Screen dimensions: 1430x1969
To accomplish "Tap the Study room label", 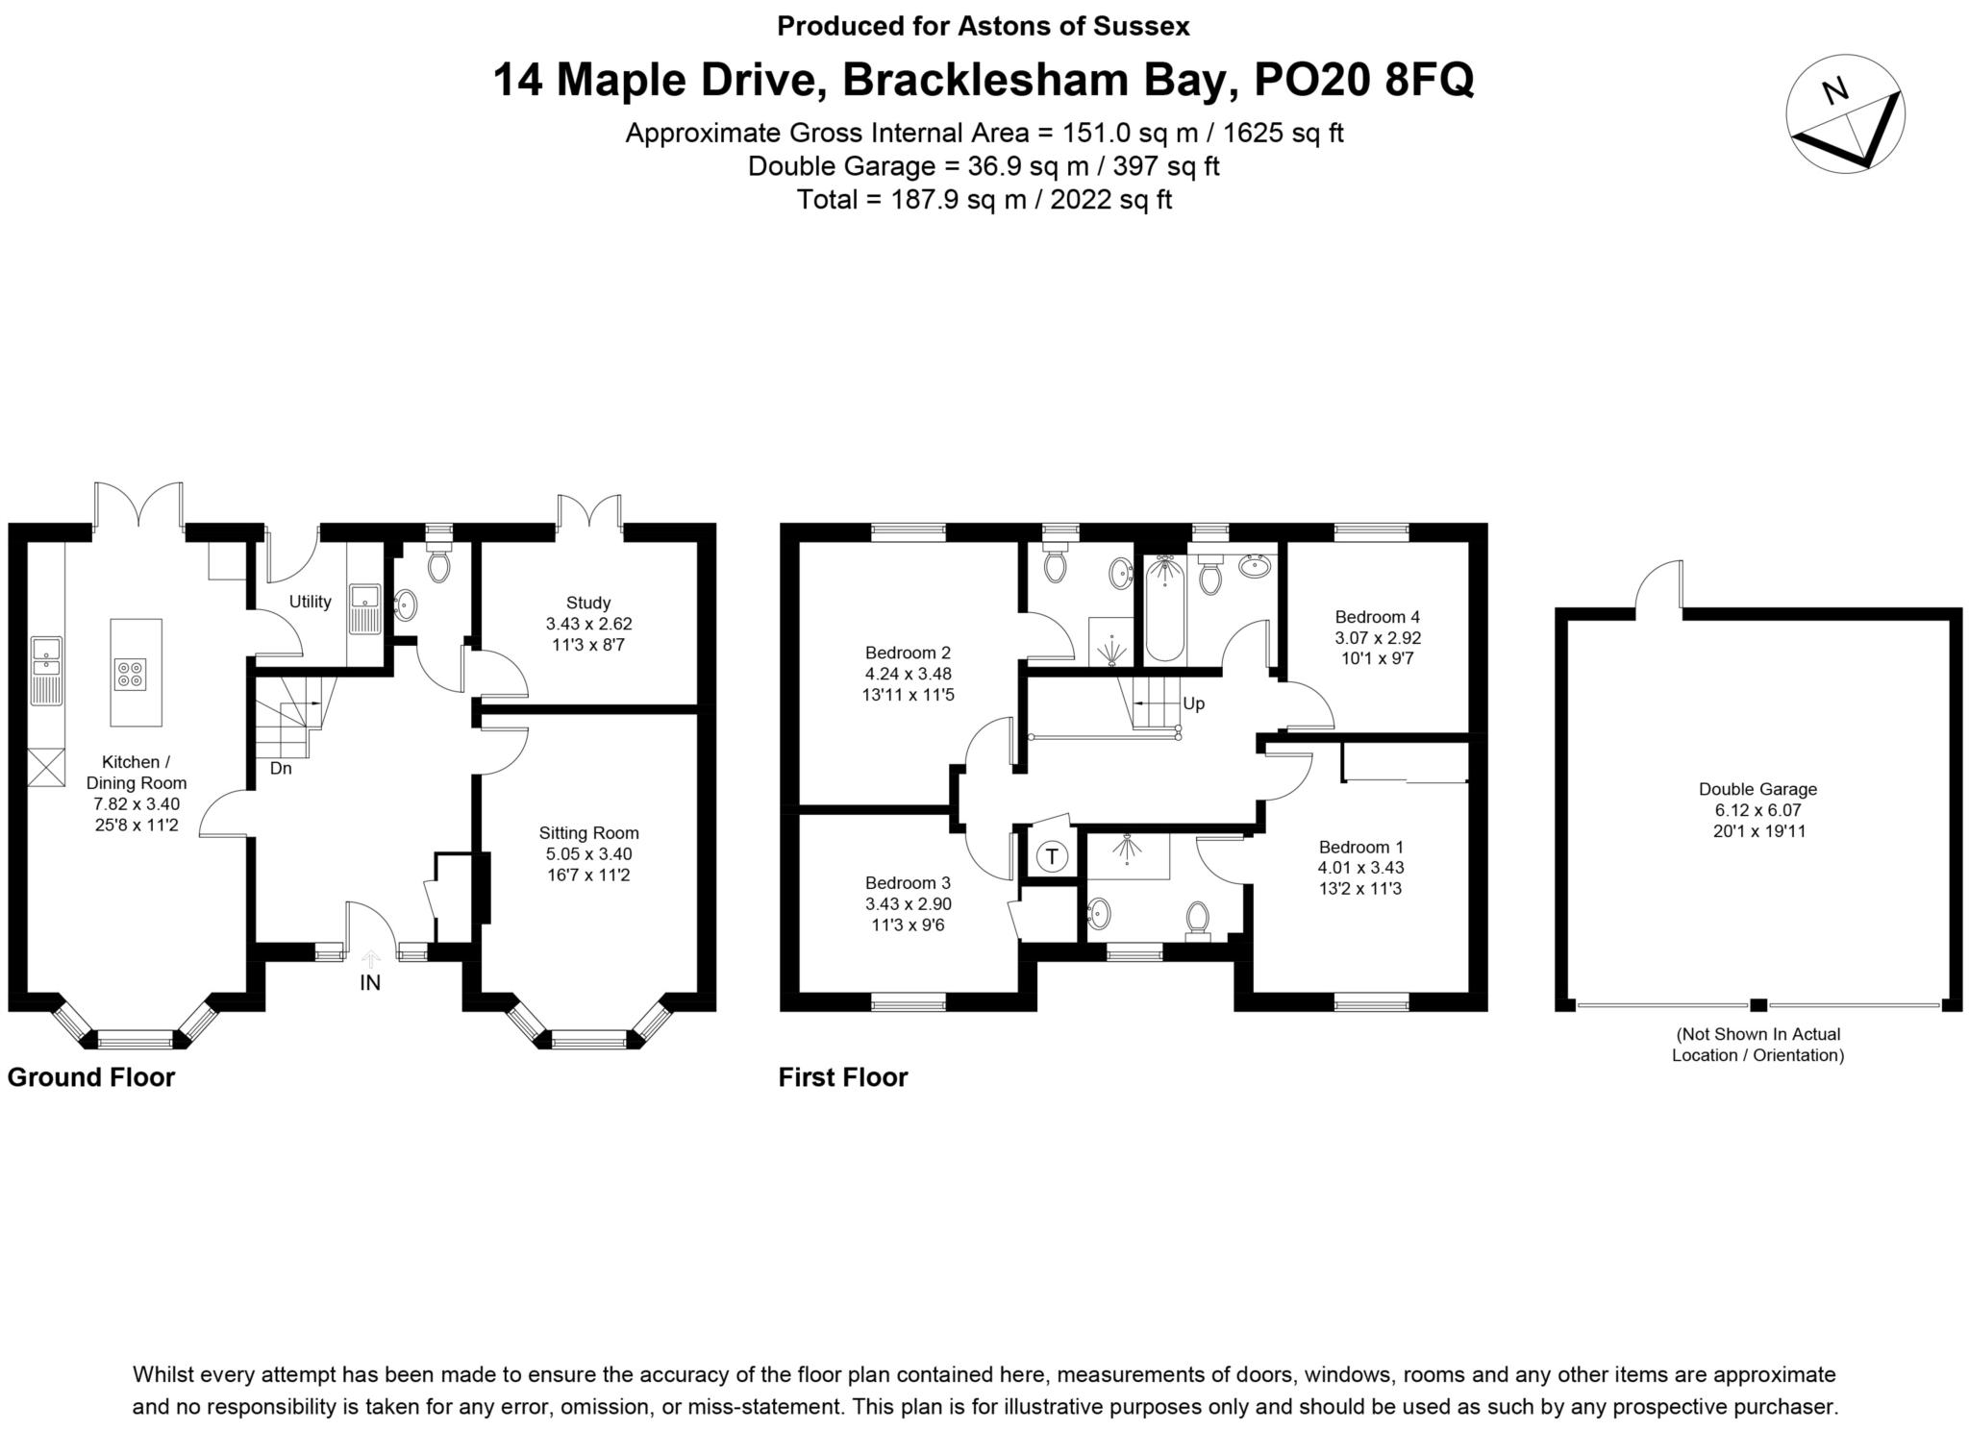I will (x=587, y=603).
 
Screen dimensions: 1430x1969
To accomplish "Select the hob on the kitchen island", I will (x=132, y=673).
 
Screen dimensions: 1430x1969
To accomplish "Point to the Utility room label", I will (x=310, y=602).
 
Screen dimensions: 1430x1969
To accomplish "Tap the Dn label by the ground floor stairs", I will (x=280, y=769).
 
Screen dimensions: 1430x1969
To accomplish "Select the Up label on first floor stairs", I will (x=1193, y=703).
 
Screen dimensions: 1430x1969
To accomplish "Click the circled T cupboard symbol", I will (x=1053, y=855).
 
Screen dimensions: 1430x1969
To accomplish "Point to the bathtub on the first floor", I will (x=1165, y=609).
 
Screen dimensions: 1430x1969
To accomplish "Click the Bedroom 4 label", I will (x=1377, y=617).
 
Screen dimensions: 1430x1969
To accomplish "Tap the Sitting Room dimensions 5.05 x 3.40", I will (x=588, y=854).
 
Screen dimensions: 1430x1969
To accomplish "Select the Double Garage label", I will (x=1757, y=789).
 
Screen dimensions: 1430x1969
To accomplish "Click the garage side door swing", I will (x=1660, y=587).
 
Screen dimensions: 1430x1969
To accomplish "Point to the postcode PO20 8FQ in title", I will (x=1364, y=80).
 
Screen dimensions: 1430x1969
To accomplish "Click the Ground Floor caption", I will (x=90, y=1077).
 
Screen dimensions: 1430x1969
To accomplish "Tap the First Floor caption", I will (x=842, y=1077).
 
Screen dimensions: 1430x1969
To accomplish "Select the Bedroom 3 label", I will (x=908, y=882).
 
